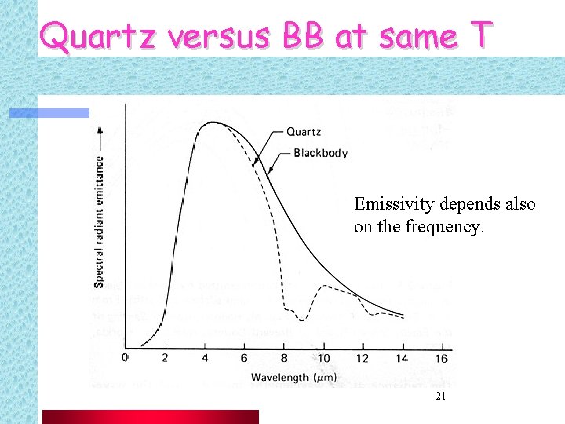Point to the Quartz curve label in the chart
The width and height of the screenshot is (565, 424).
pos(303,132)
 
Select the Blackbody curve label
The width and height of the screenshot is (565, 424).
pos(320,153)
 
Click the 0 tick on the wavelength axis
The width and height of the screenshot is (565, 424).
pos(126,358)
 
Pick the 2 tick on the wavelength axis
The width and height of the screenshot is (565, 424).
pos(165,358)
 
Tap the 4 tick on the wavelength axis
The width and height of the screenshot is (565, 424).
pos(205,358)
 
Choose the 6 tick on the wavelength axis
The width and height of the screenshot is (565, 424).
pos(244,358)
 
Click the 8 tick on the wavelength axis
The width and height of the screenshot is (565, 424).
pos(283,358)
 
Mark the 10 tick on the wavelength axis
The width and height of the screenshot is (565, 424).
pos(323,358)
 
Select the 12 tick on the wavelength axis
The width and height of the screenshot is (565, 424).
pos(362,358)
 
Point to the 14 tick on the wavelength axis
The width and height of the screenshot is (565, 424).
pos(402,358)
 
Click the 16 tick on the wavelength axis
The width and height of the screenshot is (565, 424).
pos(441,358)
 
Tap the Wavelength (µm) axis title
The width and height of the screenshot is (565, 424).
pos(294,378)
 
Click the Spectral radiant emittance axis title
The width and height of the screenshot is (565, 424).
pos(100,221)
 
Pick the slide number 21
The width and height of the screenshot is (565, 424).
pos(440,397)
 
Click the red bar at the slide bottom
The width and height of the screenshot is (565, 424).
pos(149,416)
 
